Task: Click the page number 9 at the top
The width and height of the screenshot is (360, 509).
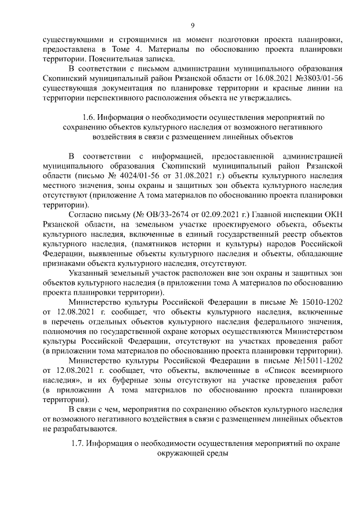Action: [x=192, y=25]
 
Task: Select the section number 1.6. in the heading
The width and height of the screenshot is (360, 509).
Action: [x=88, y=118]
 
